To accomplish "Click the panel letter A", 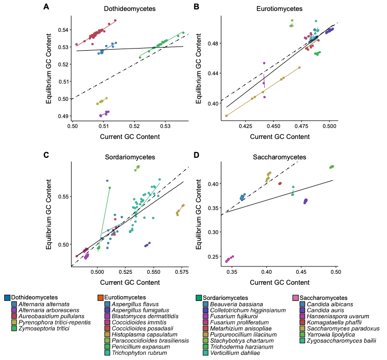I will tap(46, 7).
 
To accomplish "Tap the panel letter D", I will tap(196, 155).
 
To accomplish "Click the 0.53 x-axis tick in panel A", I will tap(166, 125).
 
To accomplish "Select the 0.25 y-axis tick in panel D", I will tap(213, 257).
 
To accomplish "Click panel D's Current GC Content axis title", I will tap(279, 283).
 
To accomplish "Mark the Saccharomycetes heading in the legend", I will tap(323, 298).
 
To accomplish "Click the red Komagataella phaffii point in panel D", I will tap(280, 183).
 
